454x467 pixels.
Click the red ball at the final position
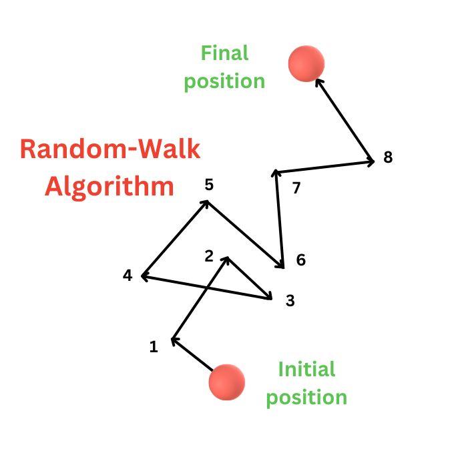point(306,64)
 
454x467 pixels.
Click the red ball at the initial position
point(226,382)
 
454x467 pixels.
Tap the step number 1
point(154,347)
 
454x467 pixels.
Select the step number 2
point(209,256)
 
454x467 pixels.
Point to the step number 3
point(290,301)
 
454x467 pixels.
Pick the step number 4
point(128,275)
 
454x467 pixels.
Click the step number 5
point(209,185)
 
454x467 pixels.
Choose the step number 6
point(300,260)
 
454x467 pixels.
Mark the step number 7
point(296,188)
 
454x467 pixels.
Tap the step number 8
point(388,158)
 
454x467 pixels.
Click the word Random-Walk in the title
point(110,148)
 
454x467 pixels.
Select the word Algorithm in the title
point(109,186)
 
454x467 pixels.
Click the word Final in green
point(224,53)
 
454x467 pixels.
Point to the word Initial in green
point(306,369)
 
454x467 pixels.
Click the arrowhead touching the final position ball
point(318,82)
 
